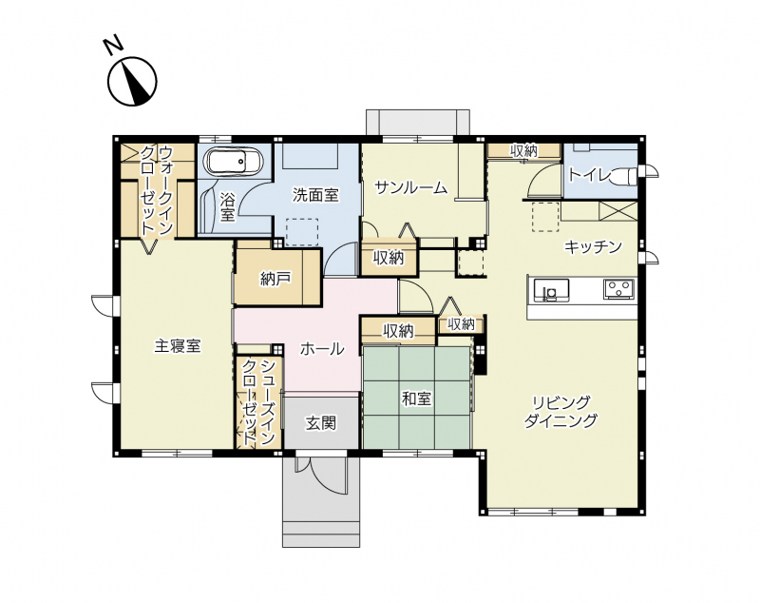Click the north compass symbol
pos(132,81)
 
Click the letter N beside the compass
pos(114,45)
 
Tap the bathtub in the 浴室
pos(233,162)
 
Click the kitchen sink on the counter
pos(551,290)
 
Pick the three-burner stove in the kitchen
pos(619,289)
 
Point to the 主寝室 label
pos(178,346)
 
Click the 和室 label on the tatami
pos(416,399)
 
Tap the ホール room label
pos(322,349)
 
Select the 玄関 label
pos(321,423)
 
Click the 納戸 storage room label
pos(275,279)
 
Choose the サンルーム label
pos(411,187)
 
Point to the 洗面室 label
pos(315,195)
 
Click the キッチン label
pos(593,247)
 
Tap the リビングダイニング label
pos(561,412)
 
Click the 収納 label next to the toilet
pos(524,151)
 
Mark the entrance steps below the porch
pos(321,534)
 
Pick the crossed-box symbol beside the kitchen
pos(618,211)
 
